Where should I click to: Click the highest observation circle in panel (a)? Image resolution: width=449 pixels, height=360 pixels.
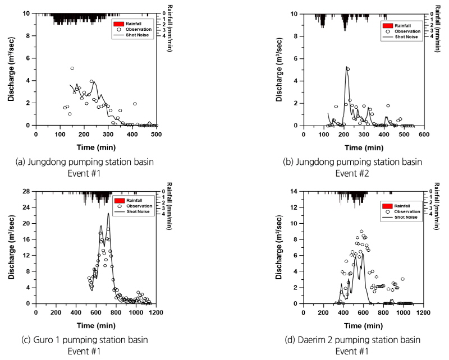(x=72, y=68)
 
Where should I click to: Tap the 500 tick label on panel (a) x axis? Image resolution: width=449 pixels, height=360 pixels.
(x=157, y=135)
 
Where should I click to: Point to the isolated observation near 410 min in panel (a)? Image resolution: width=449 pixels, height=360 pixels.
(x=135, y=104)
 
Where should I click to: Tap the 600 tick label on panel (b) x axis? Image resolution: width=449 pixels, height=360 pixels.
(x=425, y=135)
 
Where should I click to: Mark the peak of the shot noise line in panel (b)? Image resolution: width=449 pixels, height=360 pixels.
(x=347, y=67)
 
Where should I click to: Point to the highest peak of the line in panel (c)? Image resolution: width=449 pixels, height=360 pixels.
(x=108, y=213)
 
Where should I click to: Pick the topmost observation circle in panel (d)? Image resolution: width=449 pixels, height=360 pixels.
(x=361, y=231)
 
